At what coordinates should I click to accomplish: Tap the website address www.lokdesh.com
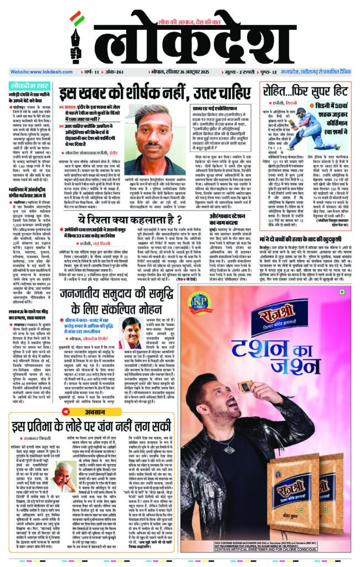click(37, 72)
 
